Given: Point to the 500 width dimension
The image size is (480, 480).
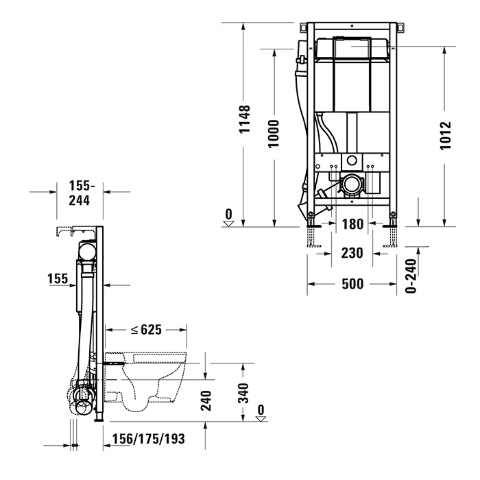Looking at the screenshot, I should [352, 284].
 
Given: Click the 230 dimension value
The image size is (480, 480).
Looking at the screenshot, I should [352, 253].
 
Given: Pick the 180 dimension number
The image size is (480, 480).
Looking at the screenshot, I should [352, 224].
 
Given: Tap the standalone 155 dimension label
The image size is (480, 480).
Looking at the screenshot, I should [58, 278].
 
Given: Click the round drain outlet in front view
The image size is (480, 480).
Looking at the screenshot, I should [353, 184].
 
